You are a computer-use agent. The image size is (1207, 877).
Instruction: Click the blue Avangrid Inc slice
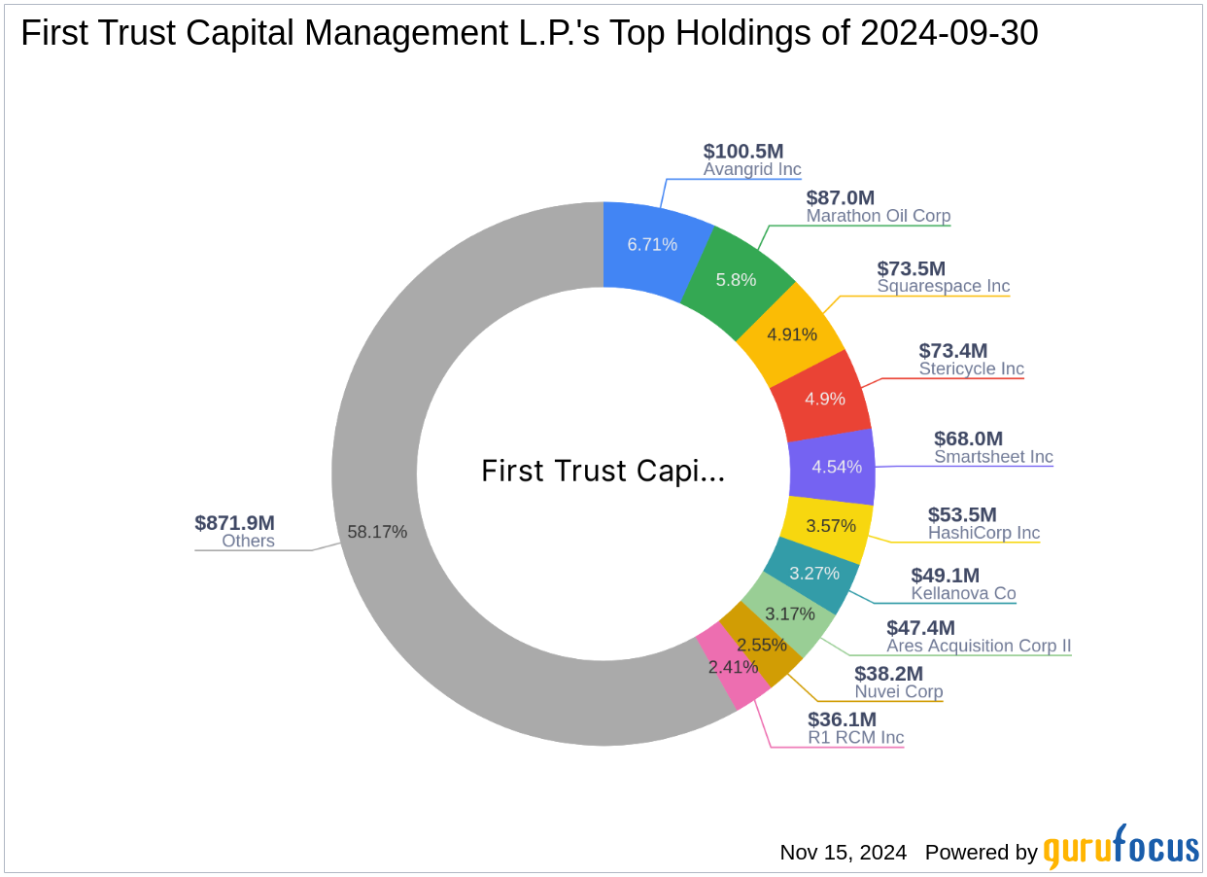click(x=652, y=244)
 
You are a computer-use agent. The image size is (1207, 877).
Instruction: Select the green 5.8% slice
click(x=737, y=279)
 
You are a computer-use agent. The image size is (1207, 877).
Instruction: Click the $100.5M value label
click(x=743, y=151)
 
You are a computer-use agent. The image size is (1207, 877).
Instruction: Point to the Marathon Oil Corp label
click(x=879, y=216)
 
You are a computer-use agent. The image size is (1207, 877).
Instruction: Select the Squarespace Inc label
click(x=943, y=286)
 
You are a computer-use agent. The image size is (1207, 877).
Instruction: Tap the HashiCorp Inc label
click(x=983, y=533)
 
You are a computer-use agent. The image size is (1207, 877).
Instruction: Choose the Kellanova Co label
click(x=963, y=593)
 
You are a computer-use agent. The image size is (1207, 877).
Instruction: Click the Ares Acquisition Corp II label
click(x=979, y=646)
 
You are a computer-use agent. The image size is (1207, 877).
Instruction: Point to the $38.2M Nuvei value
click(x=888, y=674)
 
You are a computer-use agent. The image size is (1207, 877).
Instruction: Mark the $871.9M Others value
click(x=234, y=522)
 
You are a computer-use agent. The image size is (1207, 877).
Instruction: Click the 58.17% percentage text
click(x=377, y=532)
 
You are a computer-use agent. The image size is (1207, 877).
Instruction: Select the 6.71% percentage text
click(x=652, y=244)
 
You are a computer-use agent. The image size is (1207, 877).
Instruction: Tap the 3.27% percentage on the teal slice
click(x=813, y=573)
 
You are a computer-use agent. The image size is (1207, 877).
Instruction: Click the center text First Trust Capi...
click(x=603, y=472)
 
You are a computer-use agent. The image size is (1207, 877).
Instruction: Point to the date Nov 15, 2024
click(x=843, y=853)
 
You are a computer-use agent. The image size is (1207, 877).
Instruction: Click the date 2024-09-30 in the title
click(x=949, y=34)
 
